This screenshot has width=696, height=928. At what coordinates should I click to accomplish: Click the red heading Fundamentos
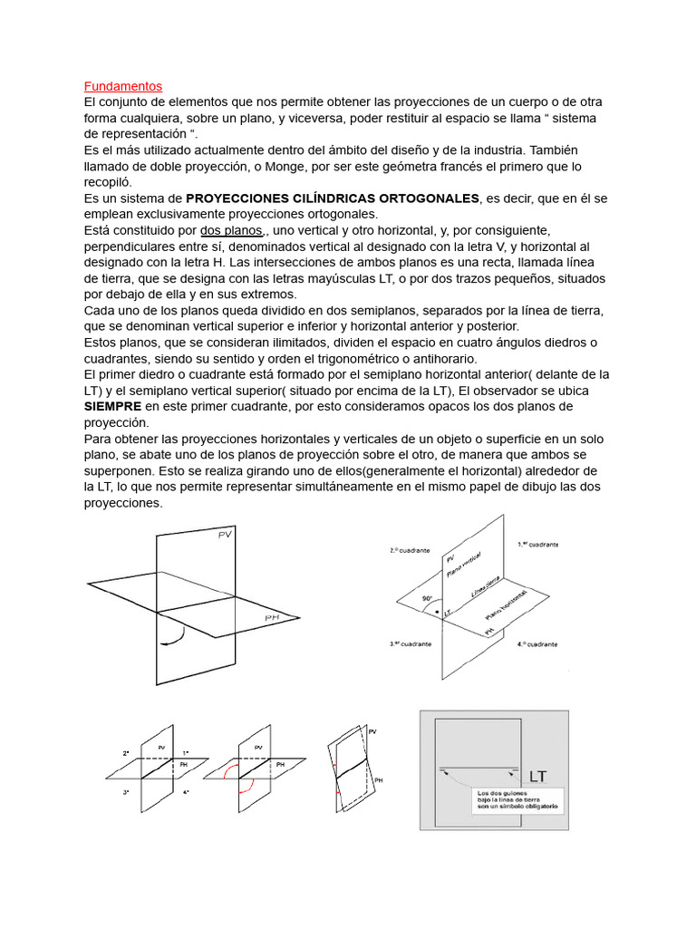click(x=122, y=86)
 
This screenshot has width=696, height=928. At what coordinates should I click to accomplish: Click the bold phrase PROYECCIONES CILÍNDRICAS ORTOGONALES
click(x=333, y=198)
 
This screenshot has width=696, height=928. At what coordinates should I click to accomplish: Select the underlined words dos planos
click(x=232, y=230)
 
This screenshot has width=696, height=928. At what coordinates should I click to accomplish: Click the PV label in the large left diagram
click(x=226, y=536)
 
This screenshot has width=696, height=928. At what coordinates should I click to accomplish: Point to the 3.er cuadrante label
click(x=409, y=643)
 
